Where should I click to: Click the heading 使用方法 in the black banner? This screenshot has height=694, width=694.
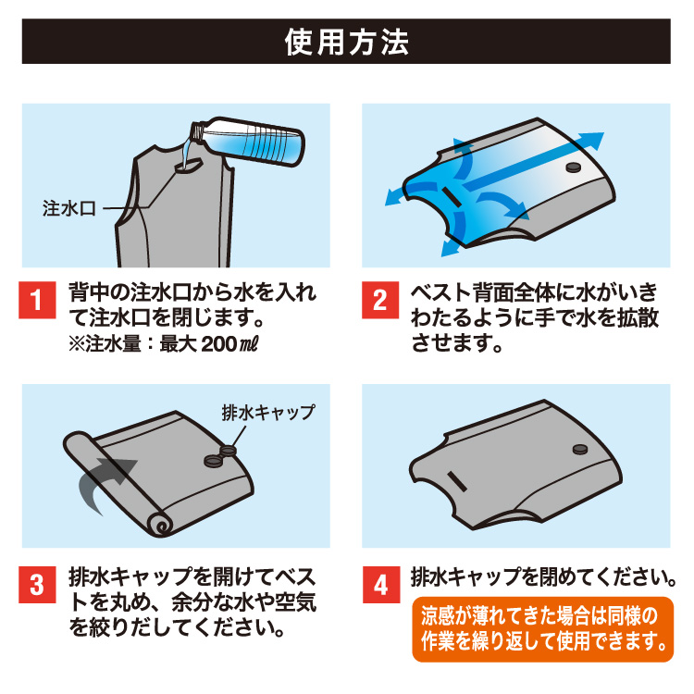347,42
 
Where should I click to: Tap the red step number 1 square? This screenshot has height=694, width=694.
37,300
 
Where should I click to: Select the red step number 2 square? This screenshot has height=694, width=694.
380,300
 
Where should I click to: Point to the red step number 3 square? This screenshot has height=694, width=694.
37,584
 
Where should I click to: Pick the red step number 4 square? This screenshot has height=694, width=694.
381,584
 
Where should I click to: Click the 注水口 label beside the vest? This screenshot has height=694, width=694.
69,208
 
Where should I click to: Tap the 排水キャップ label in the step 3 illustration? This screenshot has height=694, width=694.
268,413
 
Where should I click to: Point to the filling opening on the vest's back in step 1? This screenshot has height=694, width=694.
189,167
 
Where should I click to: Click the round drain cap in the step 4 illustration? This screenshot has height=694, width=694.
580,450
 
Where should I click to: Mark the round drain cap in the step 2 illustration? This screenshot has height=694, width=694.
574,167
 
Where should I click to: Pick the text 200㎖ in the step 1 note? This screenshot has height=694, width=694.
229,344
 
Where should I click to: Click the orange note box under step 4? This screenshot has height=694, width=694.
542,629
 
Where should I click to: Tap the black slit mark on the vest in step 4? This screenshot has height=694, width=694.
456,481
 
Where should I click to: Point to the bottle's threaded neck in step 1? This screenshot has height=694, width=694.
198,131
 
